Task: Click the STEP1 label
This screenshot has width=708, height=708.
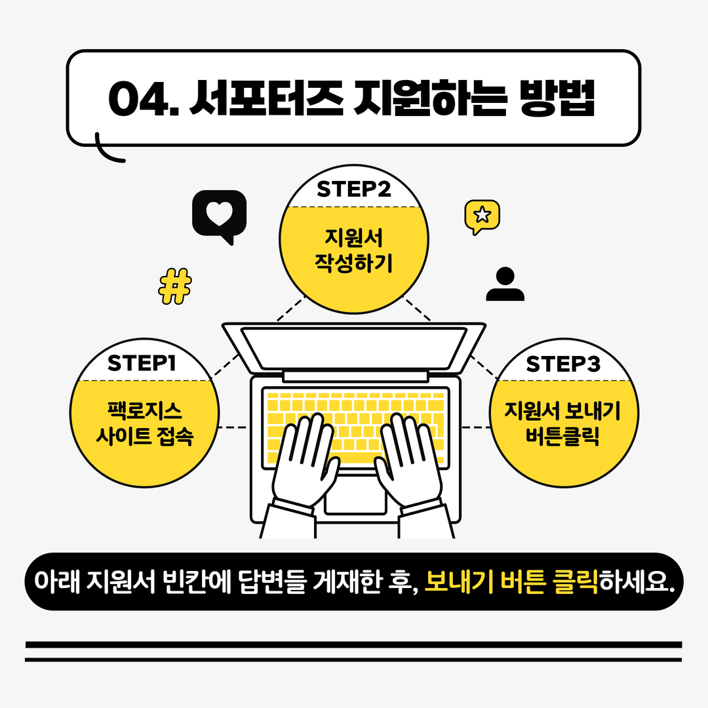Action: click(142, 363)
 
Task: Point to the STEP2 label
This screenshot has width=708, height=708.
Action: click(354, 189)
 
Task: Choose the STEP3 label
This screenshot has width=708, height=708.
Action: click(563, 364)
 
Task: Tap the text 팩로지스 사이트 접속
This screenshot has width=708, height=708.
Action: click(144, 424)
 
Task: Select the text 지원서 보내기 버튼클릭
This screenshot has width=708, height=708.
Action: click(563, 423)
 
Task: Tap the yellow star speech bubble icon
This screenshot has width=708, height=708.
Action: click(482, 216)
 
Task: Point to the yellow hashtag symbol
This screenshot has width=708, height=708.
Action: click(176, 286)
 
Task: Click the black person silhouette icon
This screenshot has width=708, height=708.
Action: click(505, 285)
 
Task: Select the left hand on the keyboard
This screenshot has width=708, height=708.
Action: click(304, 459)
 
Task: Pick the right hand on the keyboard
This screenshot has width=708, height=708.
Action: click(409, 459)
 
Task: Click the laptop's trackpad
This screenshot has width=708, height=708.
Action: click(355, 494)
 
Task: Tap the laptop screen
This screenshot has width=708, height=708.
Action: click(354, 347)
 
